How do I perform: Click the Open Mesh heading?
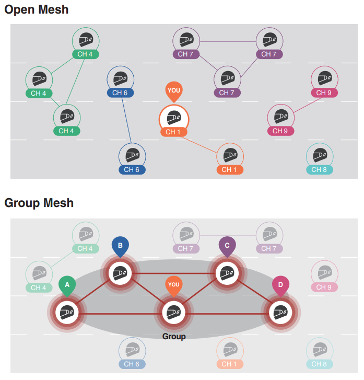(x=36, y=9)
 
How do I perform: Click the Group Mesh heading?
(x=39, y=203)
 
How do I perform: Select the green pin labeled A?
(x=67, y=285)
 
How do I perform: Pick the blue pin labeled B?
(x=120, y=246)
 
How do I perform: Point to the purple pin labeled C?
(x=227, y=246)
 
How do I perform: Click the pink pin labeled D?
(x=280, y=285)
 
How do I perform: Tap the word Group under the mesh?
(x=174, y=337)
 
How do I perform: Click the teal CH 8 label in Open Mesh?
(x=319, y=169)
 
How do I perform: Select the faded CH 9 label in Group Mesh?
(x=324, y=287)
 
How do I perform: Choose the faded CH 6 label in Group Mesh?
(x=132, y=364)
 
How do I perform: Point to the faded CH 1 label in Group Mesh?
(x=229, y=364)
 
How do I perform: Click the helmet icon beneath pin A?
(x=66, y=313)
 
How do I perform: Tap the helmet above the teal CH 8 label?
(x=319, y=155)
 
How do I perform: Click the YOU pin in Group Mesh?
(x=174, y=285)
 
